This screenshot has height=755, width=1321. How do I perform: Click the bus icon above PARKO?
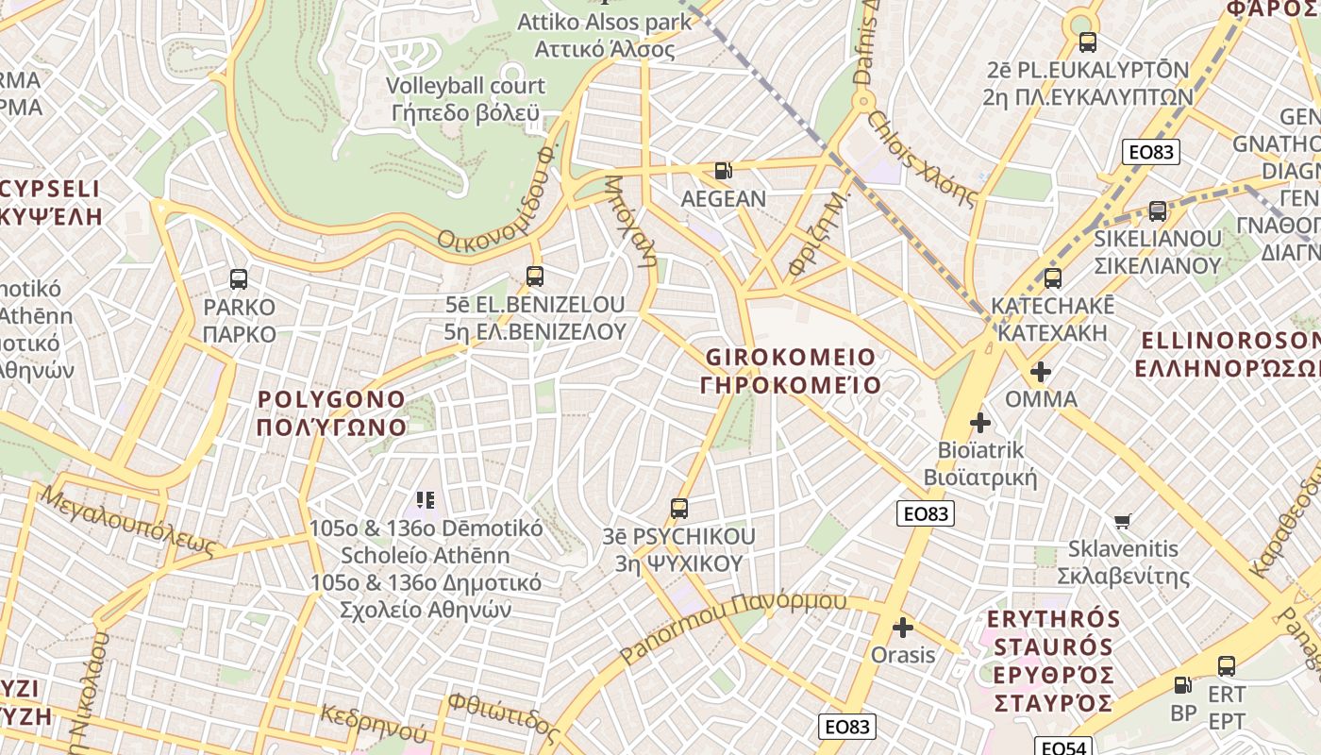(x=239, y=279)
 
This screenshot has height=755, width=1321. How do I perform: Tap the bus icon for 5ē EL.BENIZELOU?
(x=535, y=277)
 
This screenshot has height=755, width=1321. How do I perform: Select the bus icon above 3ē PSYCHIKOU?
(x=678, y=509)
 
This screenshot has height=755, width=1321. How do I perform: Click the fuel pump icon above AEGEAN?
(x=724, y=171)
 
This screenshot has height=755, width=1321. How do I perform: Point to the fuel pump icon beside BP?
(x=1182, y=685)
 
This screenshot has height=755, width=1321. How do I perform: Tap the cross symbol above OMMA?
(x=1041, y=372)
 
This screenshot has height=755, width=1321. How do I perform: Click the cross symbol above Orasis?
(x=903, y=627)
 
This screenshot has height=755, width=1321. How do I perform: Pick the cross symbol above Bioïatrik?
(x=980, y=422)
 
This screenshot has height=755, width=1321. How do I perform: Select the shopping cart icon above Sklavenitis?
(x=1123, y=521)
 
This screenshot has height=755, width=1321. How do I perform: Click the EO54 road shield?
(x=1063, y=747)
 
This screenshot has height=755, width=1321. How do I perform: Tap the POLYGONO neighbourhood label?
(x=331, y=412)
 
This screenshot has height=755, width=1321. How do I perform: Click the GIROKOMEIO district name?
(x=791, y=371)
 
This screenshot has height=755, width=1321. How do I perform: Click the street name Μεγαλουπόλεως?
(x=127, y=520)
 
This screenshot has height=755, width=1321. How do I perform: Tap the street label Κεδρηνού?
(x=374, y=724)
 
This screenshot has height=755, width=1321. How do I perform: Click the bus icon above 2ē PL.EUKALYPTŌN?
(x=1088, y=42)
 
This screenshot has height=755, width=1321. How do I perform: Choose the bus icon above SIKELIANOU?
(x=1158, y=211)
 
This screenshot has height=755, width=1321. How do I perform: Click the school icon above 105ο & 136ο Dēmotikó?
(x=426, y=499)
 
